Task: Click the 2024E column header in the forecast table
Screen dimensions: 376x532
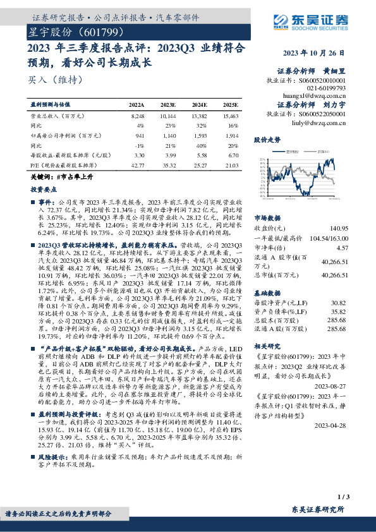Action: tap(199, 105)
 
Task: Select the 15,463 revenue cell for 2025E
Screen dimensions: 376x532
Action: tap(231, 117)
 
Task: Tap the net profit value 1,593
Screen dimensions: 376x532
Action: tap(200, 136)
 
